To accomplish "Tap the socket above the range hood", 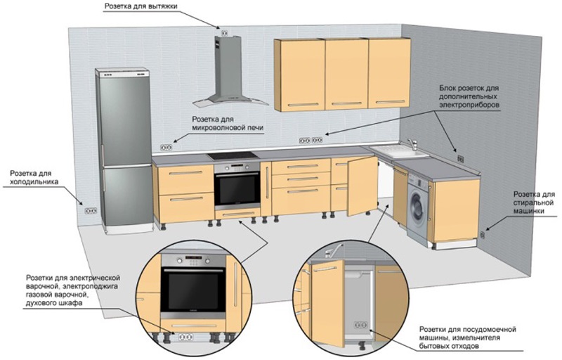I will click(226, 32).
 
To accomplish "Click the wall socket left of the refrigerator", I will click(90, 210).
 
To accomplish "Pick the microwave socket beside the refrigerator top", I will click(166, 147).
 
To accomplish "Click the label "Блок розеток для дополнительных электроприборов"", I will click(469, 92).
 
